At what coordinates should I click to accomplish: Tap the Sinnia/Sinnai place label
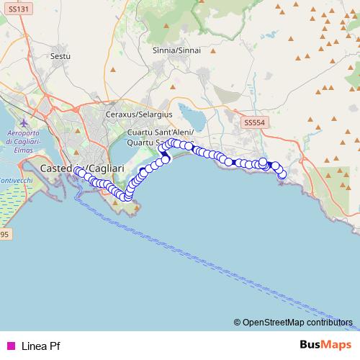[x=177, y=50]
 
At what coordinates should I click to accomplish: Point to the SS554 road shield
[x=254, y=123]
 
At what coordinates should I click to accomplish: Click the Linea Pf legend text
[x=41, y=346]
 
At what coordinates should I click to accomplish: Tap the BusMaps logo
[x=322, y=345]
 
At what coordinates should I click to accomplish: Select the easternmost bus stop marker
[x=282, y=174]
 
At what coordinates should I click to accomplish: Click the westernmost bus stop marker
[x=77, y=171]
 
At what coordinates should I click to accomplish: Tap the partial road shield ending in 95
[x=4, y=235]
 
